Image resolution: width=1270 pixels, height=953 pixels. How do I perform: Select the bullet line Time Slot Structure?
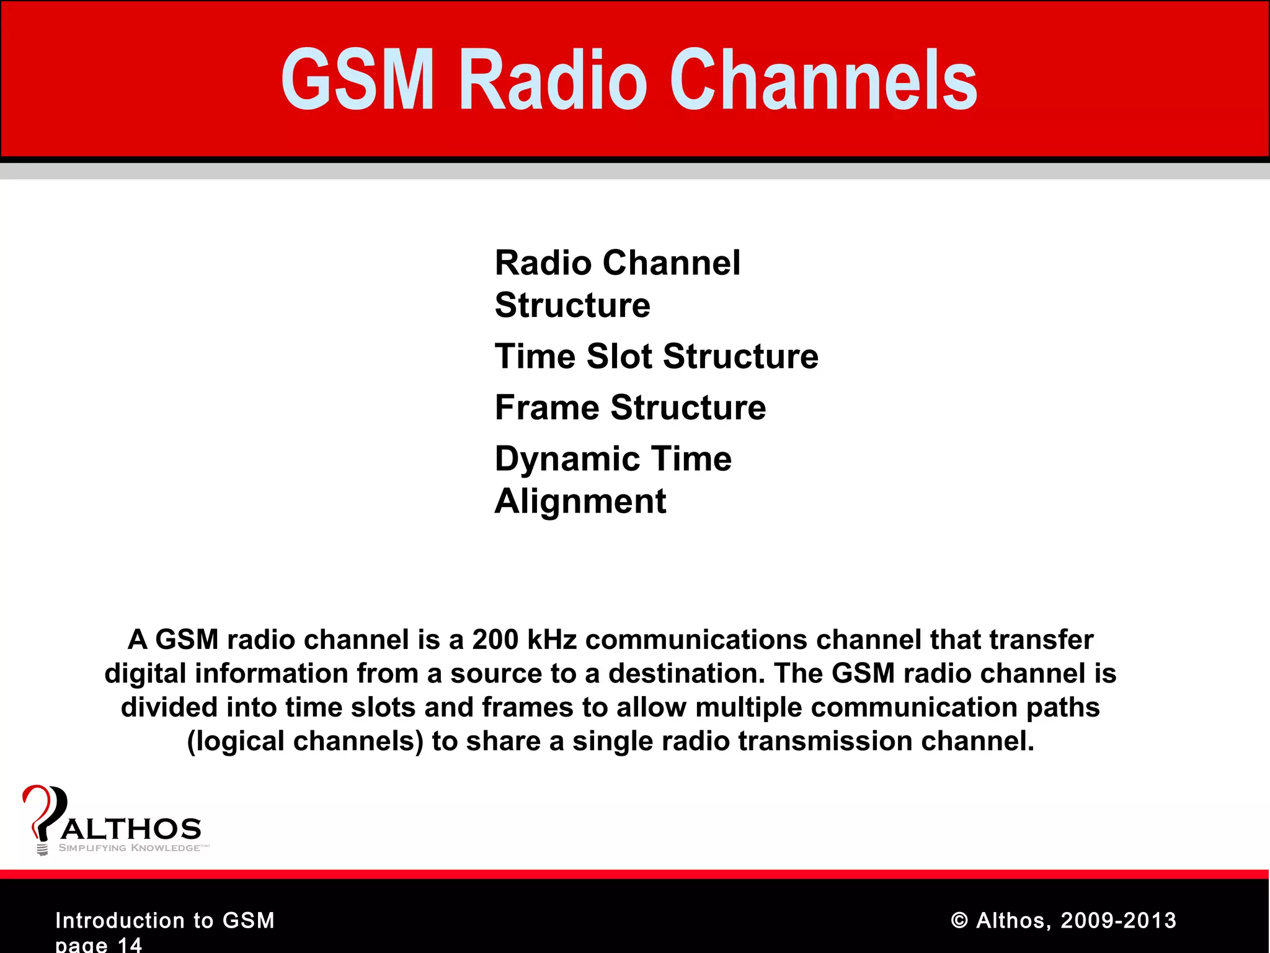click(x=656, y=357)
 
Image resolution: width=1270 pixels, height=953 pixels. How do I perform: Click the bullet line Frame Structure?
click(x=630, y=408)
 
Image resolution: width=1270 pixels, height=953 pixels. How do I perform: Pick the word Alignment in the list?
click(x=580, y=501)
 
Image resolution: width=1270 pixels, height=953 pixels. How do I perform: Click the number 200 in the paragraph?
click(x=495, y=640)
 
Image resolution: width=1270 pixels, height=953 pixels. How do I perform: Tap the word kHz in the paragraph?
click(x=551, y=640)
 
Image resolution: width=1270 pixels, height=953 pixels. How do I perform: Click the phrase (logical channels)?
click(x=305, y=741)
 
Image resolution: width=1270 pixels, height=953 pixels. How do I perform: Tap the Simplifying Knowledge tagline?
click(x=130, y=848)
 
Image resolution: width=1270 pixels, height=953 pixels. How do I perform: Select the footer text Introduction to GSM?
click(x=165, y=921)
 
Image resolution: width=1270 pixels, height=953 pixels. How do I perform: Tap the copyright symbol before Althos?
click(x=959, y=921)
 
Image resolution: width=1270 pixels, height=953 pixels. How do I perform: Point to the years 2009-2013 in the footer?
click(x=1118, y=921)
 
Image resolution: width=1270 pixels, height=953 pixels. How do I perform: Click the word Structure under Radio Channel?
click(x=572, y=305)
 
